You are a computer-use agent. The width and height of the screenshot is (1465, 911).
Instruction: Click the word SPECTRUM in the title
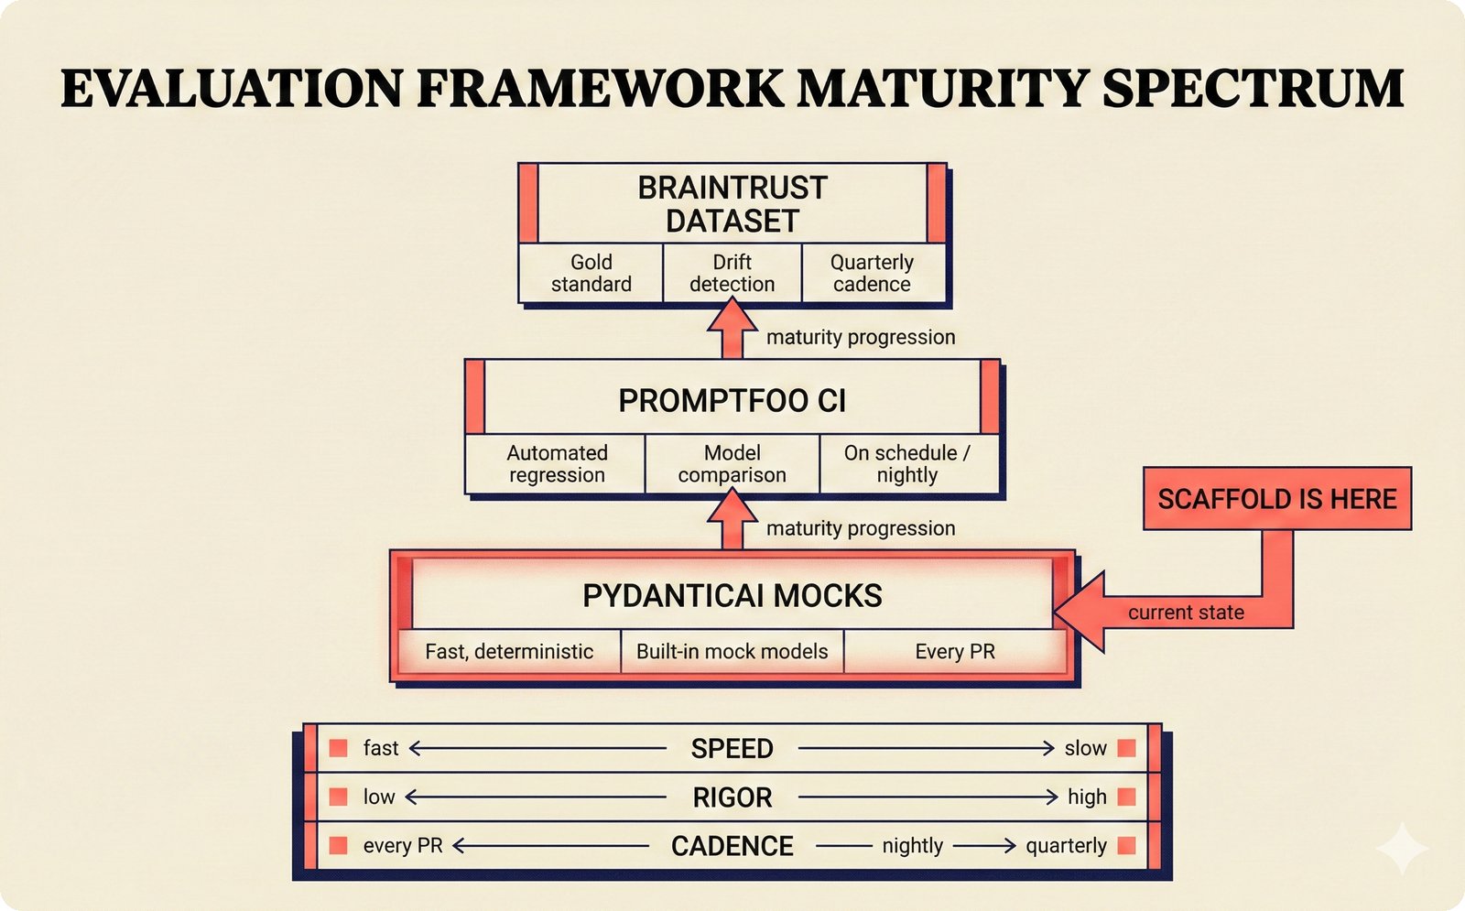(x=1253, y=89)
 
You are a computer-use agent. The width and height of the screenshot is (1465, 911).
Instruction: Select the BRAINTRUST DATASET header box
(x=732, y=203)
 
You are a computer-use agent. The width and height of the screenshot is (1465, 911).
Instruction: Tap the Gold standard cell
(x=591, y=273)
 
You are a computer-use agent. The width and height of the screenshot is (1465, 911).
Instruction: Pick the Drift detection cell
(x=732, y=273)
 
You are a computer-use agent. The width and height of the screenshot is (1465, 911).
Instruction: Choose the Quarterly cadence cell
(x=872, y=273)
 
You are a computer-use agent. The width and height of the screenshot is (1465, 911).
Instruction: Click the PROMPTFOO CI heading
(x=732, y=400)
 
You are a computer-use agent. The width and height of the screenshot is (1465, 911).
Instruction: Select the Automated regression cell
(x=557, y=463)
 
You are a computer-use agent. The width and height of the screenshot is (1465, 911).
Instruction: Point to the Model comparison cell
(x=732, y=463)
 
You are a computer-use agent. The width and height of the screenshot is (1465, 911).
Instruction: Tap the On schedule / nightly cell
(x=907, y=463)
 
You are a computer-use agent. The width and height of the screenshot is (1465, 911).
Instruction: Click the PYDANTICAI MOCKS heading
(x=732, y=596)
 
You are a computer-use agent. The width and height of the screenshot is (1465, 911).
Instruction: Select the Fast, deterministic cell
(x=509, y=651)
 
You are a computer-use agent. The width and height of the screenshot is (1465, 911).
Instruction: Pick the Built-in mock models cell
(x=732, y=651)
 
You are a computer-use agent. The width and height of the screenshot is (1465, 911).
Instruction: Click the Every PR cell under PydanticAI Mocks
(x=954, y=651)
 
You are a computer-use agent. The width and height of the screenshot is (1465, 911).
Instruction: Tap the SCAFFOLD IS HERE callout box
(x=1276, y=499)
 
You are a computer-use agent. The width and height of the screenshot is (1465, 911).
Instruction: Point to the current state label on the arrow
(x=1186, y=613)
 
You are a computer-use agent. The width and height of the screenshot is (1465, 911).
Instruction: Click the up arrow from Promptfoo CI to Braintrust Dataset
(x=732, y=331)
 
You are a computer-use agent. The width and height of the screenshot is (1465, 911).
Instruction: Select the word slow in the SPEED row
(x=1085, y=748)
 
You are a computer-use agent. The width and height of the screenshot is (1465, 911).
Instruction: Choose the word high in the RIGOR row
(x=1087, y=797)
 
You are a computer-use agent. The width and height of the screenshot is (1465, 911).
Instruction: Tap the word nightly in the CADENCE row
(x=912, y=845)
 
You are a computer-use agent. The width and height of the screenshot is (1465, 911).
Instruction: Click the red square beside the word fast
(x=338, y=748)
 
